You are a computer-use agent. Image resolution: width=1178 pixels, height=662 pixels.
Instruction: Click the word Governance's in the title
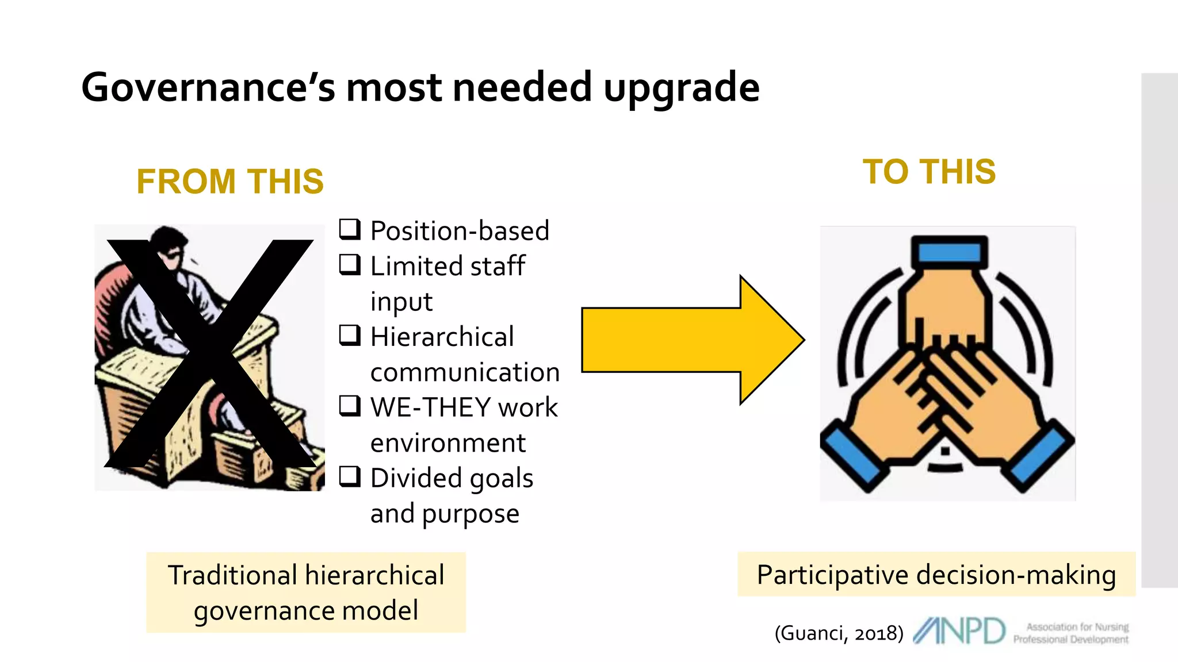pos(208,88)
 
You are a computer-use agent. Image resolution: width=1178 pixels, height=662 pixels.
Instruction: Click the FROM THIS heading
pos(230,182)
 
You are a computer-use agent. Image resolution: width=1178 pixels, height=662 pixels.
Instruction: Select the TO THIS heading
pos(929,172)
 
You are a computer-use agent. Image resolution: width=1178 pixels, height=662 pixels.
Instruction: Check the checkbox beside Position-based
pos(350,229)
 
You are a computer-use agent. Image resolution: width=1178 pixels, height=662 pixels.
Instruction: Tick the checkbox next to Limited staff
pos(350,264)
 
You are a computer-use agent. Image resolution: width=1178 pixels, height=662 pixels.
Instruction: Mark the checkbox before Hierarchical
pos(350,334)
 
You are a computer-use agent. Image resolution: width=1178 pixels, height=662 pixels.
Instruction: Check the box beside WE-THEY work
pos(350,405)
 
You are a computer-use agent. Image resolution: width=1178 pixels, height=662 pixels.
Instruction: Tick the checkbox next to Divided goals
pos(350,476)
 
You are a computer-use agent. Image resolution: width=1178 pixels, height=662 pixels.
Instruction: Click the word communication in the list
pos(465,372)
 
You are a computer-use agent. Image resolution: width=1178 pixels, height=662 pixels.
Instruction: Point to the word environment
pos(448,443)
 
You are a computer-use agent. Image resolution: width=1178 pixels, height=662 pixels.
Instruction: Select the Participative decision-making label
pos(936,575)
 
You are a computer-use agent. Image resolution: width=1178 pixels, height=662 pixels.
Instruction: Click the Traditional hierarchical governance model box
pos(306,592)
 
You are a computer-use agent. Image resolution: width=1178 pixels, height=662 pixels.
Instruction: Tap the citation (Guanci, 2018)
pos(839,633)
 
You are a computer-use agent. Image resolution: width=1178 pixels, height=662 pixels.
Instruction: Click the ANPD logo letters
pos(959,631)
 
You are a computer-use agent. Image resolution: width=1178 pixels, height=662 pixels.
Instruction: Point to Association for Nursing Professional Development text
pos(1071,633)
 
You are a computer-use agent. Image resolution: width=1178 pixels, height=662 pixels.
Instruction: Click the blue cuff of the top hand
pos(949,252)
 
